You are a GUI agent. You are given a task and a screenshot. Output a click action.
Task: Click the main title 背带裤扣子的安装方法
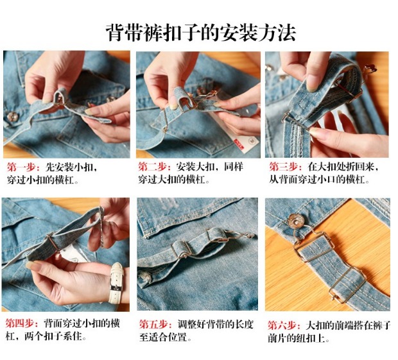pos(201,32)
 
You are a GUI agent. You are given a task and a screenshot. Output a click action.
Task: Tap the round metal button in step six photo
pos(296,221)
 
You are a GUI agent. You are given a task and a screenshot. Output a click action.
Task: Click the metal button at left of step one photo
pos(12,116)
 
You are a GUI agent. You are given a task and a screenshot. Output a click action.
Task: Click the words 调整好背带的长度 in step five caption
pos(215,325)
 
